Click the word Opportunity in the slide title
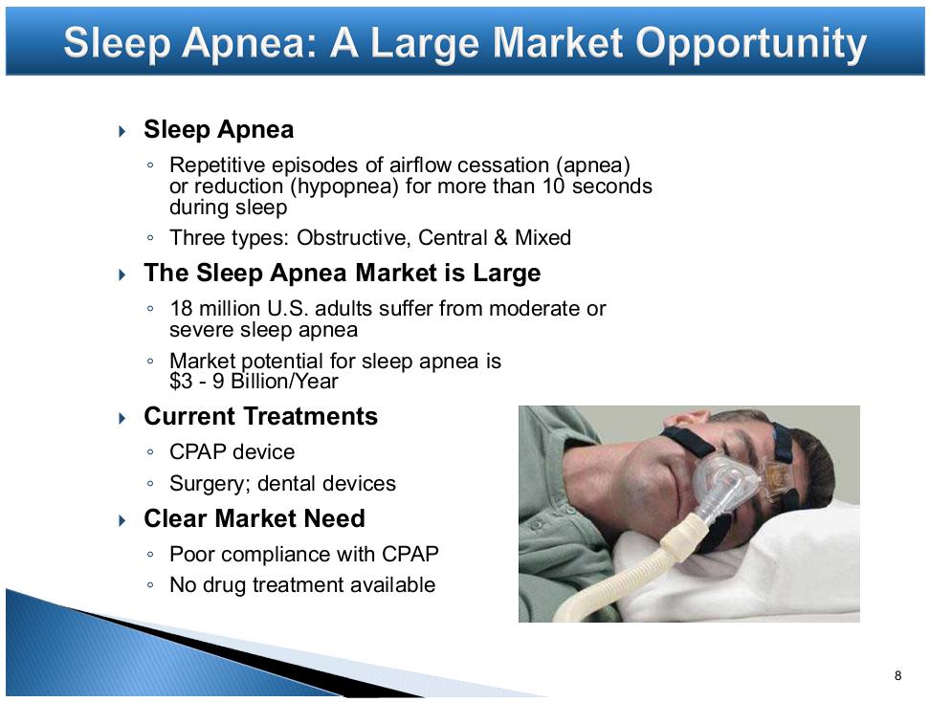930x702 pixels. tap(751, 44)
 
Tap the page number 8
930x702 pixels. tap(898, 675)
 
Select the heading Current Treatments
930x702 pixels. tap(260, 416)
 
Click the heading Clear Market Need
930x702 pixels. tap(254, 518)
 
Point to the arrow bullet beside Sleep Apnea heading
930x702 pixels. tap(122, 130)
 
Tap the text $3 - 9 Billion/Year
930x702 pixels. tap(254, 382)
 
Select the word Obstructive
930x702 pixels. tap(353, 238)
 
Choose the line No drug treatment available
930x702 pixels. tap(302, 585)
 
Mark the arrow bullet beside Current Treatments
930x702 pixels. tap(122, 418)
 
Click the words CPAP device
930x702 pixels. tap(232, 452)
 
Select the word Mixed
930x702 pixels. tap(542, 238)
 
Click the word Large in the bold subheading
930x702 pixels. tap(506, 274)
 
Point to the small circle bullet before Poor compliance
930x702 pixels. tap(150, 555)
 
